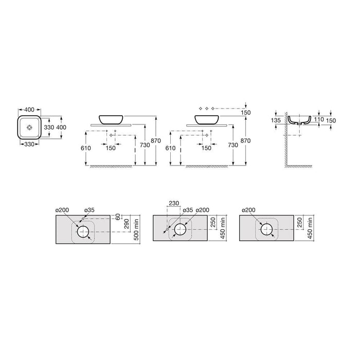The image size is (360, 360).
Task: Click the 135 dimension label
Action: coord(276,120)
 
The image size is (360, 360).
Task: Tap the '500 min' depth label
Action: coord(136,229)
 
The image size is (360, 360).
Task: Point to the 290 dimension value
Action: coord(127,224)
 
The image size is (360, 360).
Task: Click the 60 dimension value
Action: coord(118,217)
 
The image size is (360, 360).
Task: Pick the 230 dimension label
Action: coord(174,203)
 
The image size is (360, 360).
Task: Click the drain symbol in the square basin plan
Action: coord(29,127)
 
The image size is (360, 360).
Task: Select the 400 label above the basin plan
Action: coord(29,110)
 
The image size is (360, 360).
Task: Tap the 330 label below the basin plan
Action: coord(29,144)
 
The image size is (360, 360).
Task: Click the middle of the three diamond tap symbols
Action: coord(207,109)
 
